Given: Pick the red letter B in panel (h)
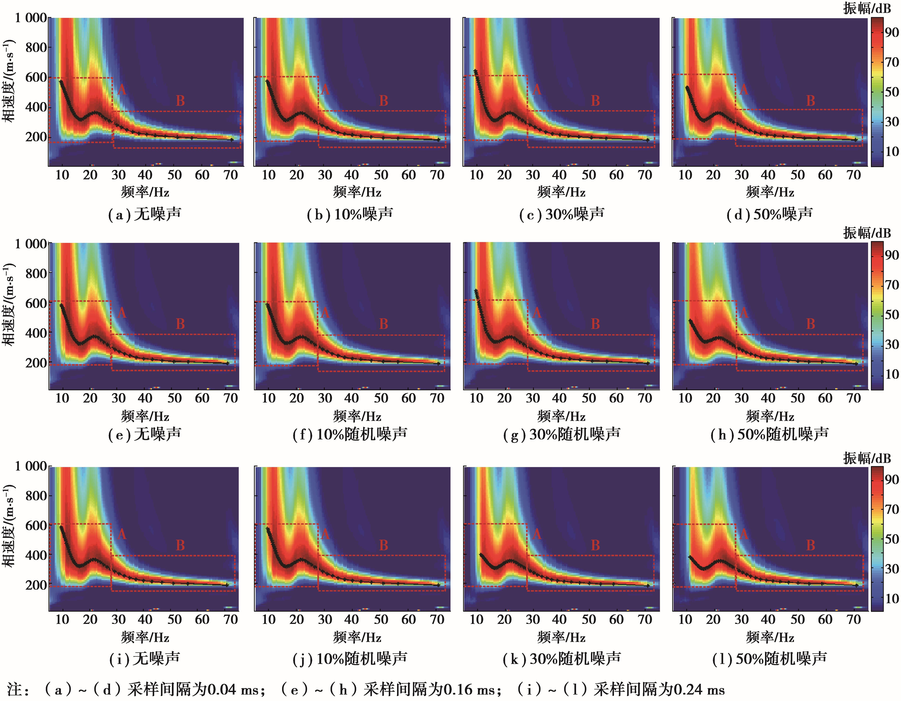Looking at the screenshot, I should click(811, 324).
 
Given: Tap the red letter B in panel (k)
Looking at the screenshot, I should click(595, 545).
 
